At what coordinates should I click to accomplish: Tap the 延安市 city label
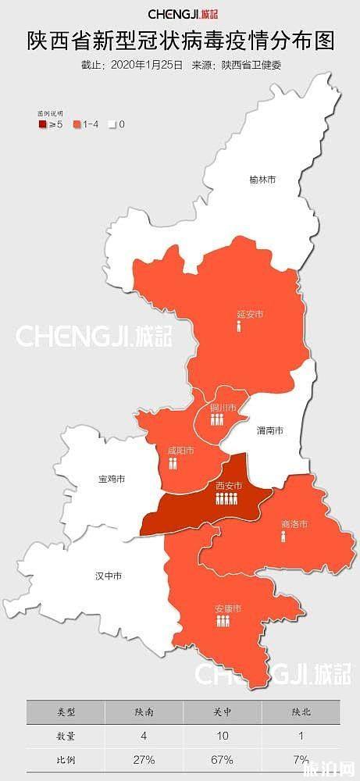(x=250, y=315)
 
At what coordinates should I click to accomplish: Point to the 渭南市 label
(x=269, y=430)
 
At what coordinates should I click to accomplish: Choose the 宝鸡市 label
(x=112, y=478)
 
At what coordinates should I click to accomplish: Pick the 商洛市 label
(x=294, y=523)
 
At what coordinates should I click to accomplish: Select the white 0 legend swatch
(x=112, y=123)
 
